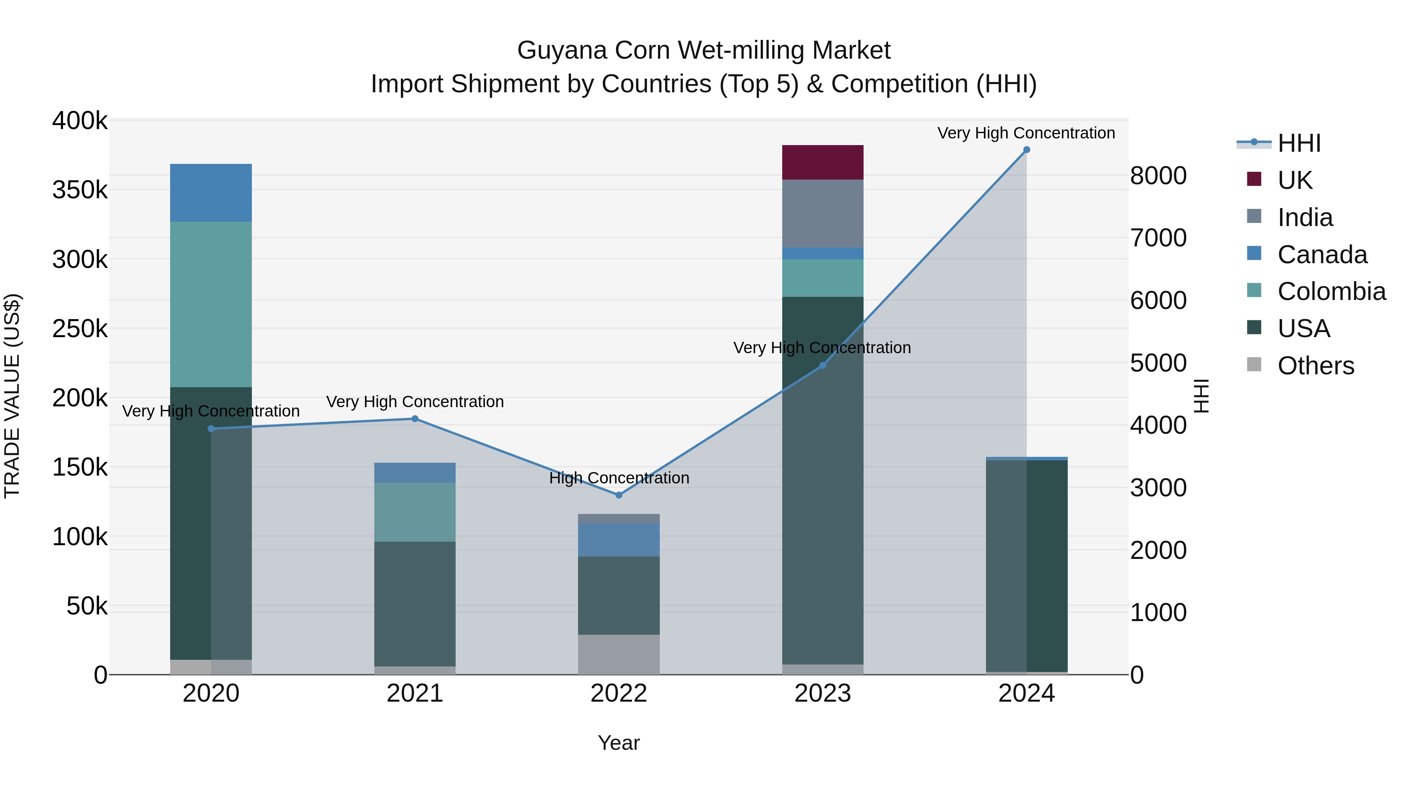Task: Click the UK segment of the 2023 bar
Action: [823, 162]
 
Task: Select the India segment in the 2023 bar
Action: [823, 213]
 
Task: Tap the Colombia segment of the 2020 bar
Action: [211, 304]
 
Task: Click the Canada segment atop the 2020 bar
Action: [211, 192]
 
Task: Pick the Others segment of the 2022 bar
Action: [619, 654]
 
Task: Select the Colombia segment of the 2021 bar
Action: [415, 512]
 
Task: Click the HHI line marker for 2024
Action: [1027, 150]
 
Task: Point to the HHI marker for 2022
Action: [619, 495]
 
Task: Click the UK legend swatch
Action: [1254, 179]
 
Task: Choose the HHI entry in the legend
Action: [1298, 143]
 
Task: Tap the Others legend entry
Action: [1315, 366]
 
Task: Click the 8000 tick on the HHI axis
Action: [1158, 176]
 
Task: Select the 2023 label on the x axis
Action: [823, 693]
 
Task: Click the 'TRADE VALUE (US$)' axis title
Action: [12, 396]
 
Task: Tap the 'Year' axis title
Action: [619, 743]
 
